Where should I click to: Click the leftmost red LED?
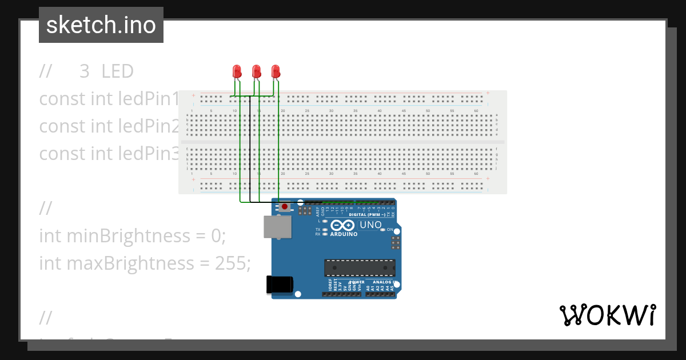[237, 71]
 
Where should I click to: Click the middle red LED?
[256, 71]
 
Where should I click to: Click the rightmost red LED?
[276, 71]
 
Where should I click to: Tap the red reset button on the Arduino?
[284, 206]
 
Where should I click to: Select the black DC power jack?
[280, 285]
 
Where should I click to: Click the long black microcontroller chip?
[360, 267]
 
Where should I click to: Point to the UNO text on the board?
[370, 225]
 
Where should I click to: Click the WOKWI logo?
[607, 315]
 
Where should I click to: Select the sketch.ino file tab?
[101, 25]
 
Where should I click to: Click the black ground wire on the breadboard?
[250, 149]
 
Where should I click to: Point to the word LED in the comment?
[117, 71]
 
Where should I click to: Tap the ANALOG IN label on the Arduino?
[383, 282]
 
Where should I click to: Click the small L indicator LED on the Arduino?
[325, 221]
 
